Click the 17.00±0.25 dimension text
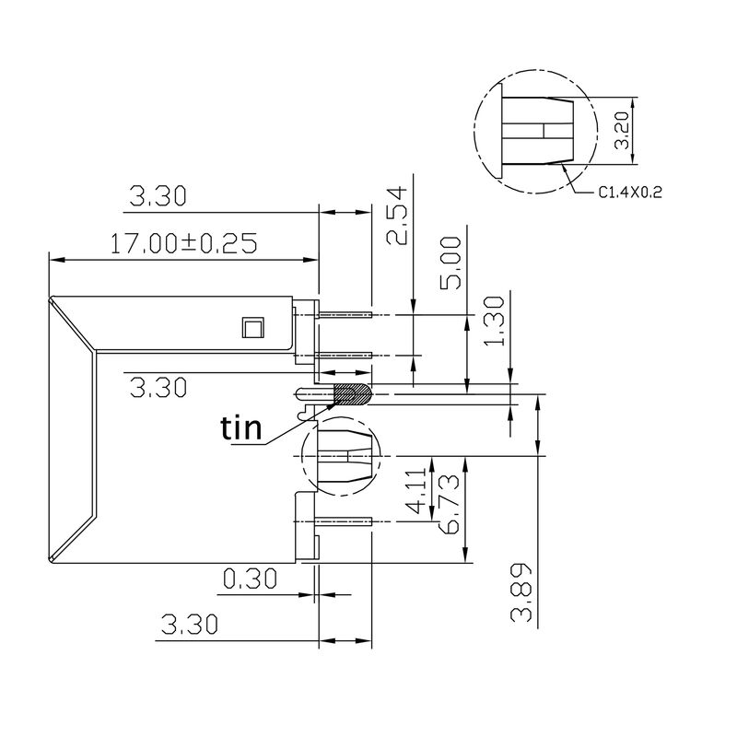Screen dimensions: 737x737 point(182,243)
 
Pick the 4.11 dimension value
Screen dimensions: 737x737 point(415,490)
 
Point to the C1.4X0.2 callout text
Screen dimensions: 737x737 point(631,193)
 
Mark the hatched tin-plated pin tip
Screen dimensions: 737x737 point(352,394)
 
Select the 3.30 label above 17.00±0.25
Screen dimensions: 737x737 point(158,195)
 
